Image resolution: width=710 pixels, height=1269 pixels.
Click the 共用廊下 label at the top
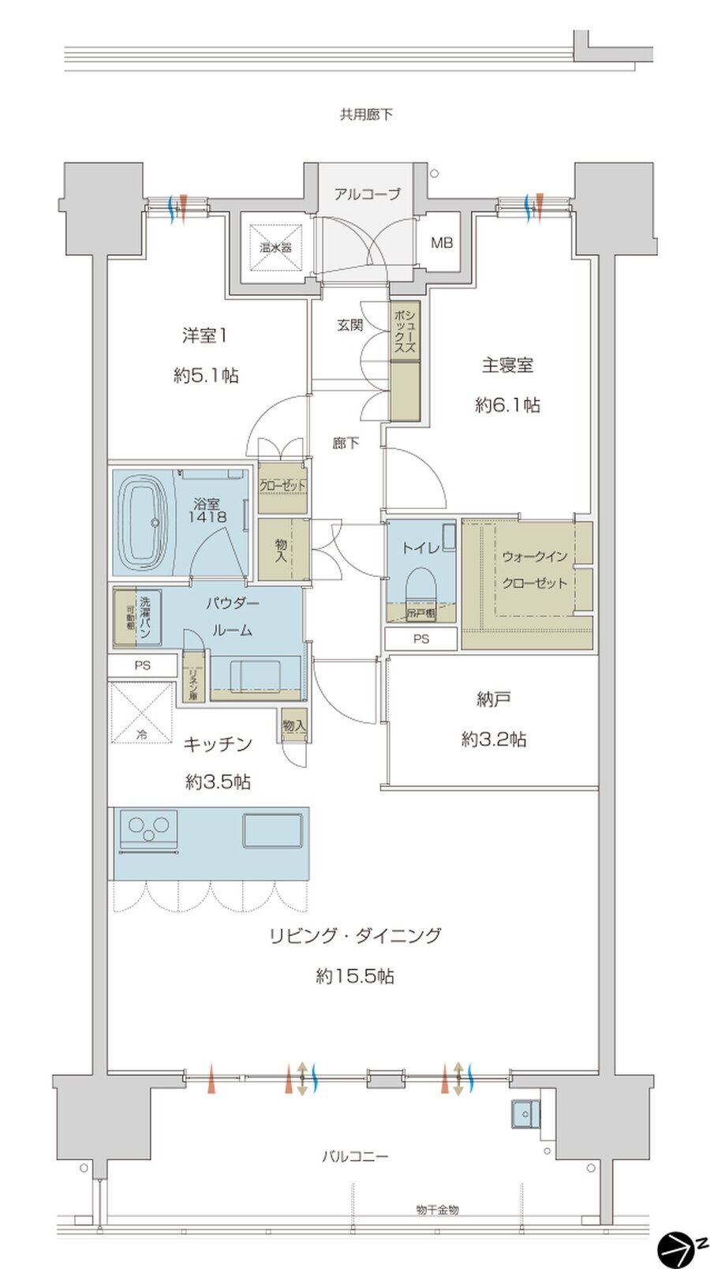click(x=366, y=114)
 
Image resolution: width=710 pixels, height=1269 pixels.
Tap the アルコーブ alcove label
click(x=367, y=193)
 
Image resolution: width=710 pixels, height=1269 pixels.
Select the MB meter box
click(x=442, y=242)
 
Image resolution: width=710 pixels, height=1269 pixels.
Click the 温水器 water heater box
click(x=276, y=247)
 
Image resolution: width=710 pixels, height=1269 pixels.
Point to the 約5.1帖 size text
click(x=206, y=376)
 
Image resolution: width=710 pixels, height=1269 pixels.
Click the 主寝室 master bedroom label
click(x=507, y=365)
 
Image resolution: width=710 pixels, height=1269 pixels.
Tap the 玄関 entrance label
click(x=349, y=324)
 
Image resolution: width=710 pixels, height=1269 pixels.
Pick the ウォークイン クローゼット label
click(x=534, y=570)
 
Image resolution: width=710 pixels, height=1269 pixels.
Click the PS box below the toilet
click(x=421, y=638)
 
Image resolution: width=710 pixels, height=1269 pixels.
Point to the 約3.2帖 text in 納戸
click(x=494, y=739)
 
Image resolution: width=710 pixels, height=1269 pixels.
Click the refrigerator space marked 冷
click(x=142, y=713)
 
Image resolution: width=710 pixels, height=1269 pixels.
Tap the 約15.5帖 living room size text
click(x=355, y=976)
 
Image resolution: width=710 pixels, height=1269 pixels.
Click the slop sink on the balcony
click(x=523, y=1115)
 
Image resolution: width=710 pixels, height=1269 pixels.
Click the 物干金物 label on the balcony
click(x=437, y=1209)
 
